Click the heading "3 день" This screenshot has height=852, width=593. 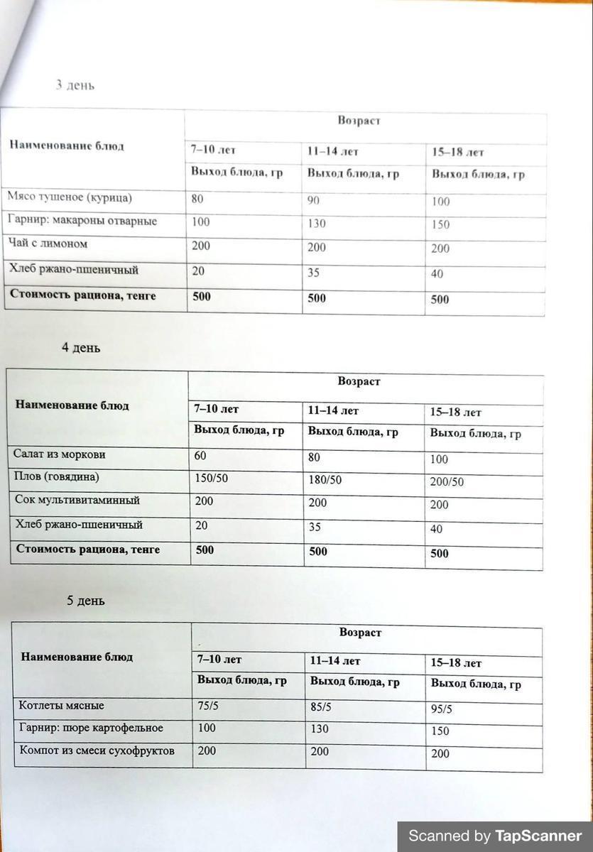(x=75, y=85)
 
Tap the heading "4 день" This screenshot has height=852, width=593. (x=81, y=348)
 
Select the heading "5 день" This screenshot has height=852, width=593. (x=86, y=601)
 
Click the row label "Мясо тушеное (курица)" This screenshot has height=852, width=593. (x=70, y=197)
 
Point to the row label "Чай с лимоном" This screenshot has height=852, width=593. (x=48, y=244)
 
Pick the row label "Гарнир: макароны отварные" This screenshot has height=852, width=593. (x=82, y=221)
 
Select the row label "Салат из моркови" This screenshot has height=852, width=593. (x=60, y=454)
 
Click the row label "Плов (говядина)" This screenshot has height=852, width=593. (x=57, y=476)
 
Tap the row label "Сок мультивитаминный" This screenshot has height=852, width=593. (x=77, y=500)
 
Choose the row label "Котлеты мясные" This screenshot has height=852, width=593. (x=62, y=706)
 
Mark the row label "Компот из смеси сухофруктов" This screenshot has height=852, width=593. (x=97, y=750)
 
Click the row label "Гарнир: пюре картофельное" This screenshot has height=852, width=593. (x=92, y=728)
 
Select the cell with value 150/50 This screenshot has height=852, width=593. (x=211, y=479)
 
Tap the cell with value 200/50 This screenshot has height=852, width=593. (x=447, y=482)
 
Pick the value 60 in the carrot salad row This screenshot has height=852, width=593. (x=200, y=456)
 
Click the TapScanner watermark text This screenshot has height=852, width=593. (x=495, y=836)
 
